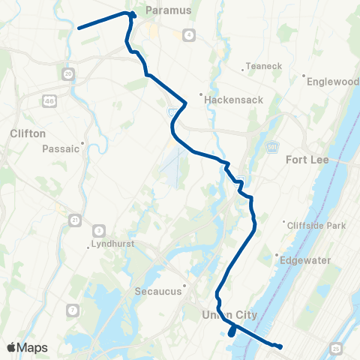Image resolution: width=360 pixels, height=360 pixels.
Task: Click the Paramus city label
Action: click(x=169, y=10)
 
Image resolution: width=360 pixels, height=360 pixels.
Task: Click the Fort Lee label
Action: click(x=307, y=159)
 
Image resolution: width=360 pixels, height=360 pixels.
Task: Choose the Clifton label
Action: click(x=28, y=133)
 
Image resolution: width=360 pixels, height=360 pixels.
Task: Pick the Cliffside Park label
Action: click(x=313, y=224)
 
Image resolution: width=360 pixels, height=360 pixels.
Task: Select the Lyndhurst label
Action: click(x=111, y=245)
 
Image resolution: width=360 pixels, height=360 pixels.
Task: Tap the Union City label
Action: click(x=229, y=314)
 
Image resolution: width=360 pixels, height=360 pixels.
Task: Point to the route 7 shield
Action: click(x=73, y=310)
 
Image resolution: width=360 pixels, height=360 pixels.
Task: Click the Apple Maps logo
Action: click(x=27, y=347)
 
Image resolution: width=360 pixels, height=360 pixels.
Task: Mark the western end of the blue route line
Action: click(x=79, y=28)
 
